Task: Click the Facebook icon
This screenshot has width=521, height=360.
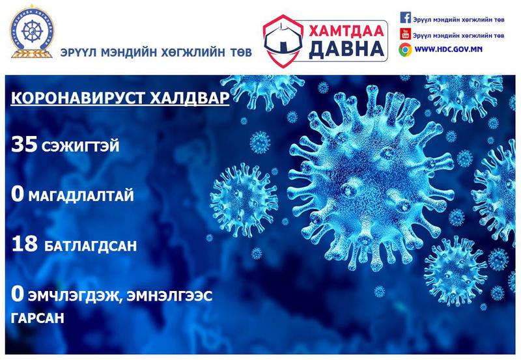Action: [x=405, y=18]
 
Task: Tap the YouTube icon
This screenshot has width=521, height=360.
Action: [x=405, y=34]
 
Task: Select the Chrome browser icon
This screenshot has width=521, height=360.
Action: [x=405, y=49]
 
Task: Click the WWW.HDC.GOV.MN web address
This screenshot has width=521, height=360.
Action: [x=449, y=49]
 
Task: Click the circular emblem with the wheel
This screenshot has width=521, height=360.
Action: [x=32, y=31]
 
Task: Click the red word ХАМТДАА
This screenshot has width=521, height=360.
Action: [x=346, y=31]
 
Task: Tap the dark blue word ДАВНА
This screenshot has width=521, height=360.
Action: [x=346, y=49]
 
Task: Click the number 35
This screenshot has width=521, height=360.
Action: [x=24, y=145]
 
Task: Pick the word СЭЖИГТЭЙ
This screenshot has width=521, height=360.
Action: [x=80, y=146]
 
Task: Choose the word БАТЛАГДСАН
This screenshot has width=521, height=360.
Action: [x=91, y=246]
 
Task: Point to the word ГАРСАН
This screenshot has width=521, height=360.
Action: [x=38, y=318]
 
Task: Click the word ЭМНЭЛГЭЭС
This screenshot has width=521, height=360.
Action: [x=169, y=296]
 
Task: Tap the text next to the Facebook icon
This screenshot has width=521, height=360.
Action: [x=458, y=20]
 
